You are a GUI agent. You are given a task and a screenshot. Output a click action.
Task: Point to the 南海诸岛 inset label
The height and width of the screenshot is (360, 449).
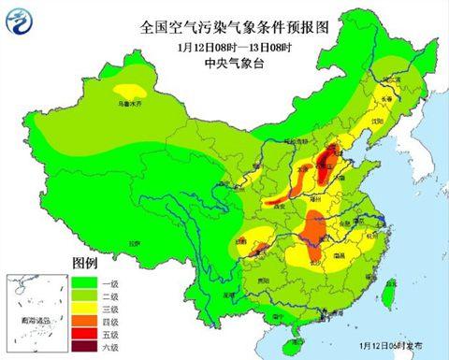(30, 319)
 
